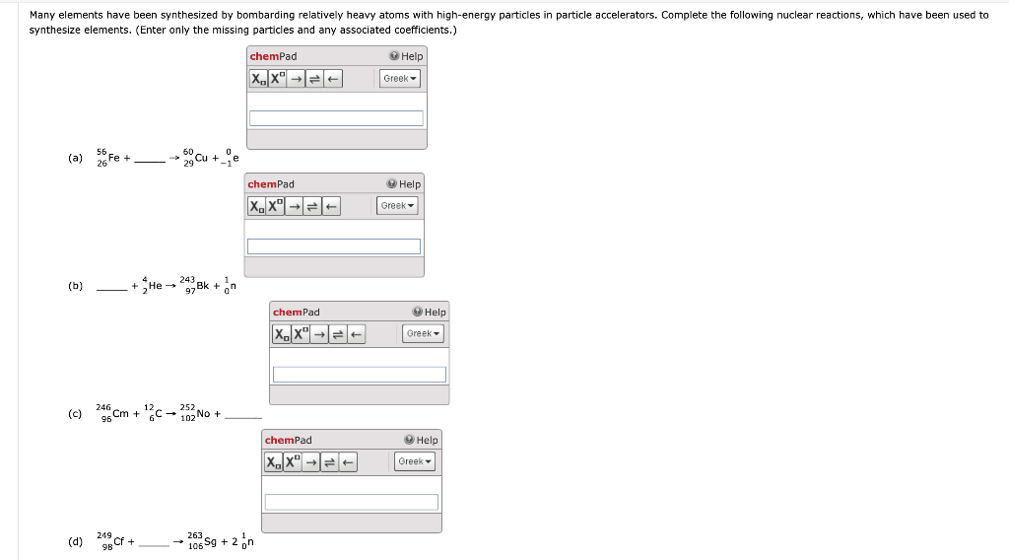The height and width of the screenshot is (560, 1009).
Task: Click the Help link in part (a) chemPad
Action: [x=406, y=56]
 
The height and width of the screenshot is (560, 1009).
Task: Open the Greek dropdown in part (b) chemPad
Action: [x=398, y=206]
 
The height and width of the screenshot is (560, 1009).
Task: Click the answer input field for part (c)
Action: [x=359, y=375]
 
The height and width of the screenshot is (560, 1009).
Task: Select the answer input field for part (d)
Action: [x=351, y=503]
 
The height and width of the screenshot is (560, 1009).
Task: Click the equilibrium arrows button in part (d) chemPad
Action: [x=328, y=462]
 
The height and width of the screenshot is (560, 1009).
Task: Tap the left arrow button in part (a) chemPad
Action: [x=333, y=79]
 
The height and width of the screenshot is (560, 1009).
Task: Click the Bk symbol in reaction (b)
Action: [x=204, y=286]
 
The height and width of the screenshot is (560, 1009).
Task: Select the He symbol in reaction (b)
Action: [x=155, y=286]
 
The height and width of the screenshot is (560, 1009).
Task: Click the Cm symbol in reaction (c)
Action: [x=122, y=414]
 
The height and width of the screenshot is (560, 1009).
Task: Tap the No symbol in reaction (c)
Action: [x=204, y=414]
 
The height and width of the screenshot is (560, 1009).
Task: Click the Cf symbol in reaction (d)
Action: [x=120, y=541]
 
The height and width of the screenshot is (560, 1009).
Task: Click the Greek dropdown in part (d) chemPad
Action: [x=415, y=461]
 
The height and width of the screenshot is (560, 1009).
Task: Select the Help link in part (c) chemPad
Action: [x=430, y=313]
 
